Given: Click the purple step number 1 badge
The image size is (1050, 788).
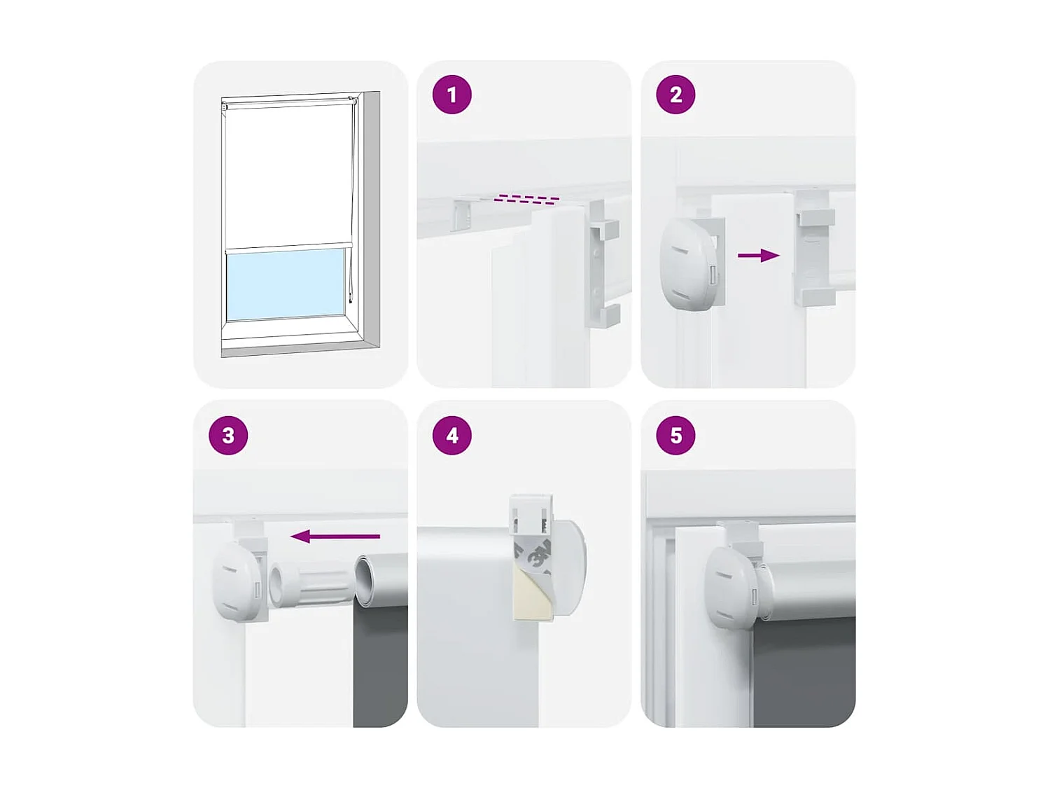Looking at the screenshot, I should point(451,95).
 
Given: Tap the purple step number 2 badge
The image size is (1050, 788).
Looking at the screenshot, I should point(675,95).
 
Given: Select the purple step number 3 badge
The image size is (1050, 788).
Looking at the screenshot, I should point(228,435).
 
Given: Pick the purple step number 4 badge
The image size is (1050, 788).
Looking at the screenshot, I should point(451,435).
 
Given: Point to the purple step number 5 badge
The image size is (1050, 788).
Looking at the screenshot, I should point(675,435).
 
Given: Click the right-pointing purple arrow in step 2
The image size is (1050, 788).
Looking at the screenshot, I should point(759,256).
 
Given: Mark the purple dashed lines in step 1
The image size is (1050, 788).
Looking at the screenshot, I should point(526,199).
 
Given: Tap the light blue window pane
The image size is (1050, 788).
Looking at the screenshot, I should point(286,283).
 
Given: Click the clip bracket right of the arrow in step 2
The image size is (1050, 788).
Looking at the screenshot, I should point(814,249).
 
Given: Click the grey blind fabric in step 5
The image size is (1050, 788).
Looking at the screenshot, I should point(805,672).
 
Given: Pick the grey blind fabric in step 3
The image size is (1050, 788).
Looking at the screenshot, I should point(380,665).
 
